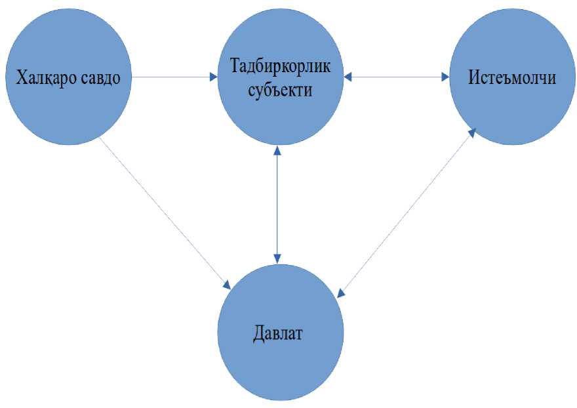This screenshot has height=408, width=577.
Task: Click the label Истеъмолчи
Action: point(512,78)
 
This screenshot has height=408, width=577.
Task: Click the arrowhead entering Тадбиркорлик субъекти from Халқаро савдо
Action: point(213,77)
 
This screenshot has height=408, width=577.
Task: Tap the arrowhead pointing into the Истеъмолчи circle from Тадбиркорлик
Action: point(445,77)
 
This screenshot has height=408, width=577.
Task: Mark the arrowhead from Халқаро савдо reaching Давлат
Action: point(227,285)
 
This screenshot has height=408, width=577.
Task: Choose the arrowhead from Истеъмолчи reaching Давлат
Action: point(340,293)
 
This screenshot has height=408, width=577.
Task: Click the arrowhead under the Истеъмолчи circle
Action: point(472,132)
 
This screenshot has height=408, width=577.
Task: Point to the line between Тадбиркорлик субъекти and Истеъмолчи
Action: point(397,77)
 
